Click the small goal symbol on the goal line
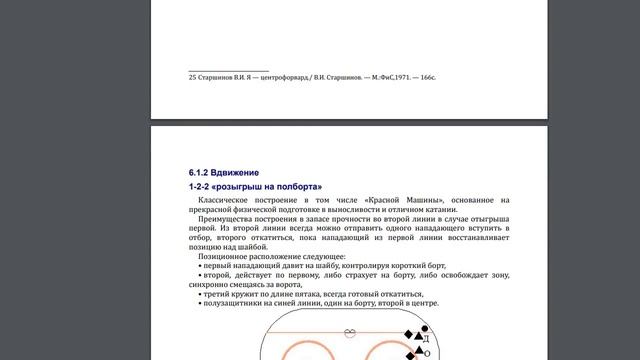[349, 332]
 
